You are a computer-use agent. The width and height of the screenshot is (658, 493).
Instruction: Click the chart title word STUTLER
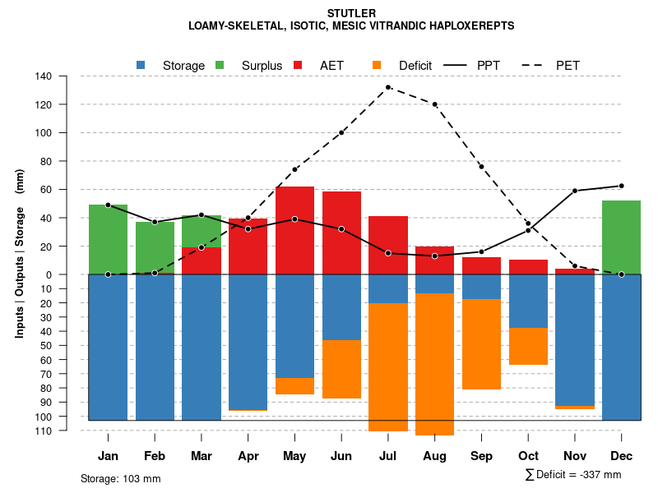(351, 13)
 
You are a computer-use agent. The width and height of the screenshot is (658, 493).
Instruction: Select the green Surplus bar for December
(621, 237)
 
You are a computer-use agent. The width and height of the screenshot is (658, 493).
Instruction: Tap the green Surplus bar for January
(108, 239)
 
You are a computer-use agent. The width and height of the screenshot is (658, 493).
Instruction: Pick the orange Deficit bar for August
(434, 364)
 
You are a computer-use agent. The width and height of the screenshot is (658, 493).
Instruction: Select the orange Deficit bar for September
(481, 344)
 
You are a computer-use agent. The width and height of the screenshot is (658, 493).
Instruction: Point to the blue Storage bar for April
(248, 342)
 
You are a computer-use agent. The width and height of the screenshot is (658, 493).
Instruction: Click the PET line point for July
(388, 87)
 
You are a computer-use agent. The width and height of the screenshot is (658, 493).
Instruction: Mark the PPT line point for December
(621, 186)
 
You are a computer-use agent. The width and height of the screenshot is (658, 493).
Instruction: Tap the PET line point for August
(434, 104)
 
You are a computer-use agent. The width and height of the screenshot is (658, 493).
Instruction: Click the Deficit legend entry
(403, 65)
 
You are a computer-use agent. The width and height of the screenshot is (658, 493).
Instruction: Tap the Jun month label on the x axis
(341, 455)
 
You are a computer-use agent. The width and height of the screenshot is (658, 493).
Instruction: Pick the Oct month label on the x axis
(528, 455)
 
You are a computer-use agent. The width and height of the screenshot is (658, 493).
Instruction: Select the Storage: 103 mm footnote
(120, 478)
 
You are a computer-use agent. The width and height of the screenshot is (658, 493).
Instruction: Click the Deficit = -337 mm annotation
(573, 474)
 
